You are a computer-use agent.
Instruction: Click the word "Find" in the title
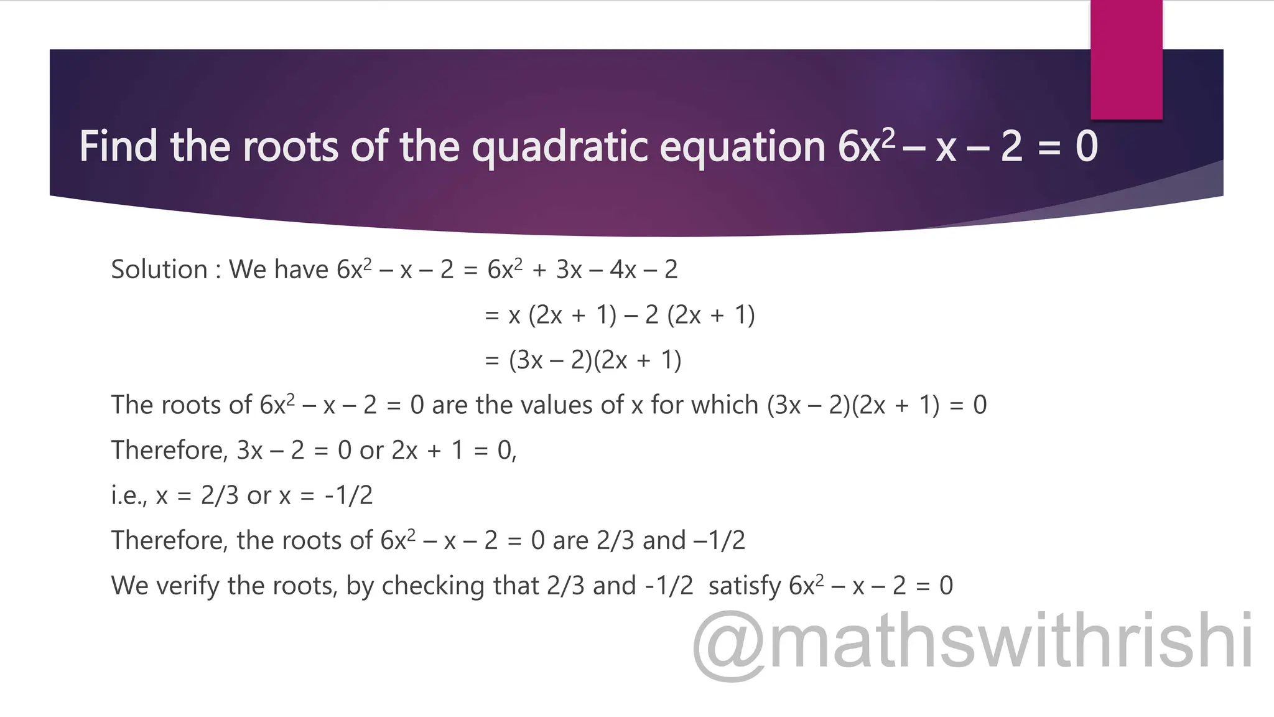[x=118, y=147]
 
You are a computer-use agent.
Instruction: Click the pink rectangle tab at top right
[x=1126, y=60]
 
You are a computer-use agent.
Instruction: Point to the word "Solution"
[x=159, y=269]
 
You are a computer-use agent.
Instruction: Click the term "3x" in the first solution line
[x=569, y=269]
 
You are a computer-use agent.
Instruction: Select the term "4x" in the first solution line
[x=623, y=269]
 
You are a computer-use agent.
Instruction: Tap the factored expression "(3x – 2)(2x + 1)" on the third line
[x=595, y=360]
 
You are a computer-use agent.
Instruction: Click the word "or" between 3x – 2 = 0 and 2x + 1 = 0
[x=371, y=450]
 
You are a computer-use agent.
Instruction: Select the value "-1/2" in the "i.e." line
[x=348, y=495]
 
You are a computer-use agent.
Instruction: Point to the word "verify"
[x=187, y=586]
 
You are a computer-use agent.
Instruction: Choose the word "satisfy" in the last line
[x=744, y=586]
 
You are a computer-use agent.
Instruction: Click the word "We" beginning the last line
[x=129, y=586]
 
